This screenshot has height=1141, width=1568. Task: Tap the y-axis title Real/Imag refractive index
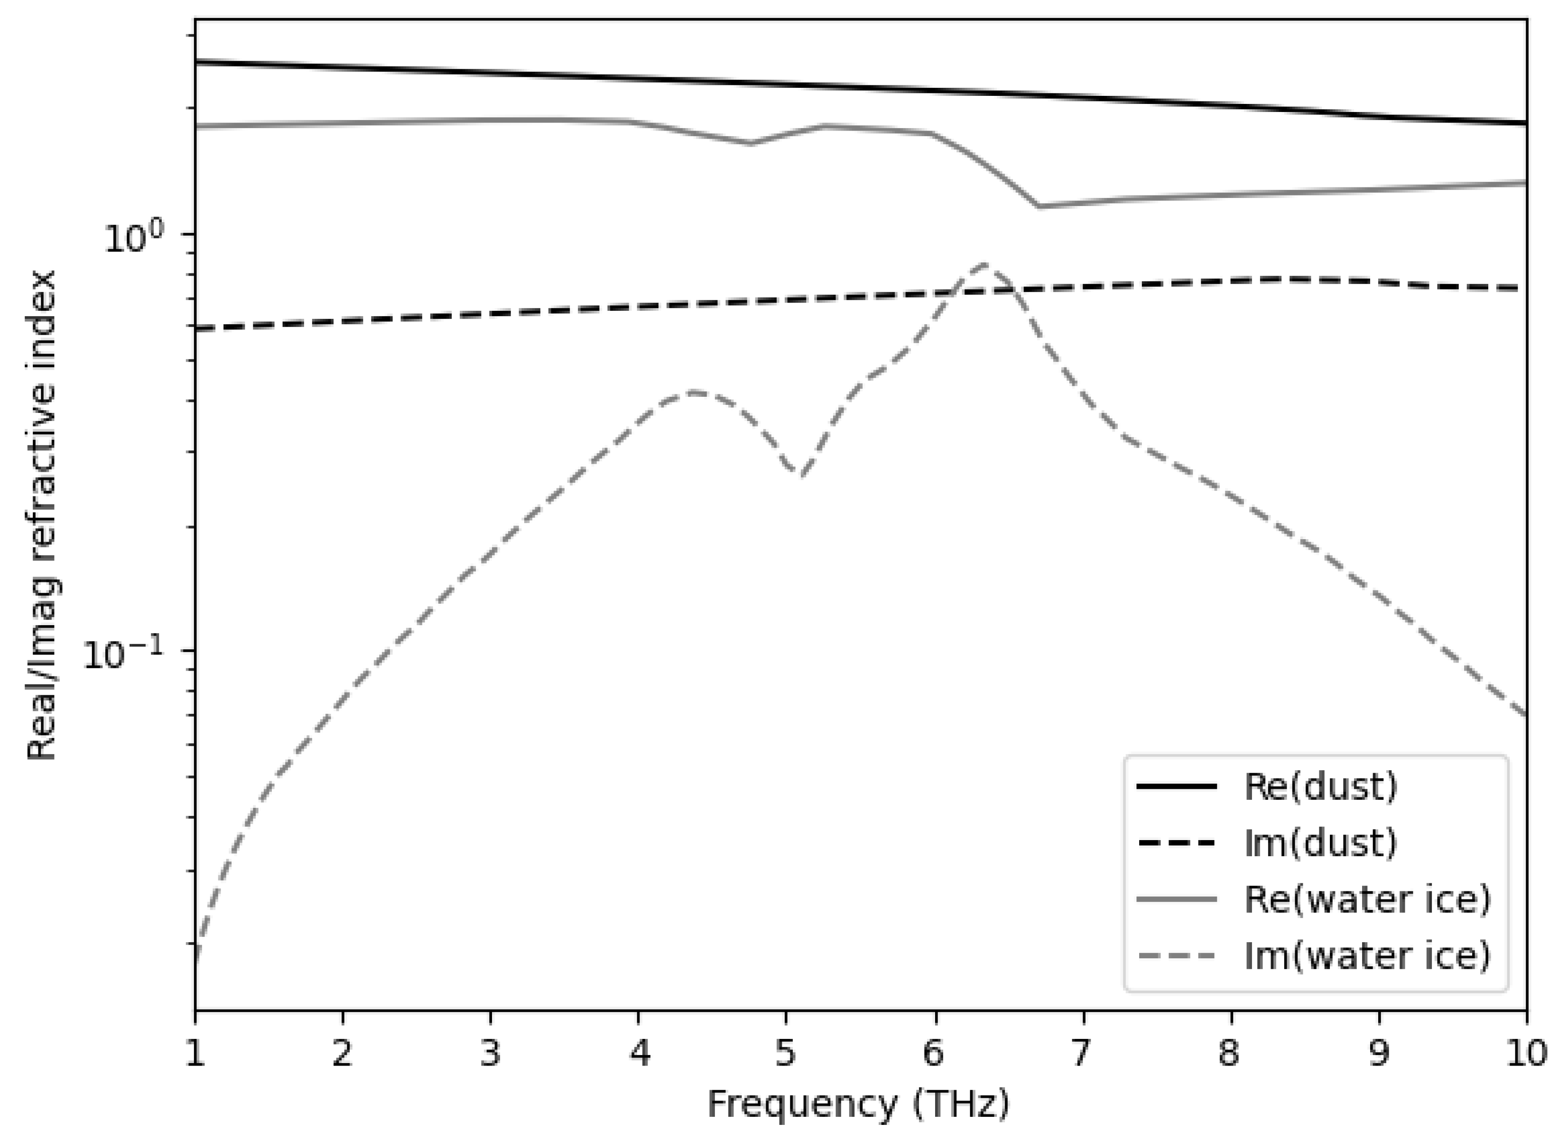[41, 515]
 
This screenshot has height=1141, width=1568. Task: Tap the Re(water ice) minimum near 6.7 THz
[1039, 206]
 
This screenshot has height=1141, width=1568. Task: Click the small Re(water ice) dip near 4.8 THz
[751, 143]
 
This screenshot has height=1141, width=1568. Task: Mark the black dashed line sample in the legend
[1176, 843]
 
